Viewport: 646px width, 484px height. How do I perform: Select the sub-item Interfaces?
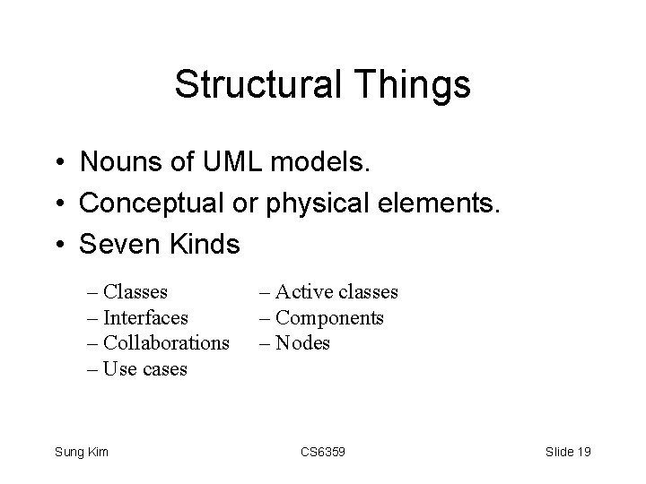(145, 317)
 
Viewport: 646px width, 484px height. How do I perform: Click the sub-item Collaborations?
(166, 342)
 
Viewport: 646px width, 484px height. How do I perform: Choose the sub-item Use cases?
(145, 368)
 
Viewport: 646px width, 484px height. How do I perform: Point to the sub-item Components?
(329, 317)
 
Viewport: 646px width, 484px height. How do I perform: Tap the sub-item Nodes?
(303, 342)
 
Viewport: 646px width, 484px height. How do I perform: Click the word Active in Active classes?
(302, 291)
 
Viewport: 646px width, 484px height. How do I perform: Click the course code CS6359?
(322, 452)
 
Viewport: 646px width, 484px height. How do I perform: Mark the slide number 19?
(582, 452)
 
